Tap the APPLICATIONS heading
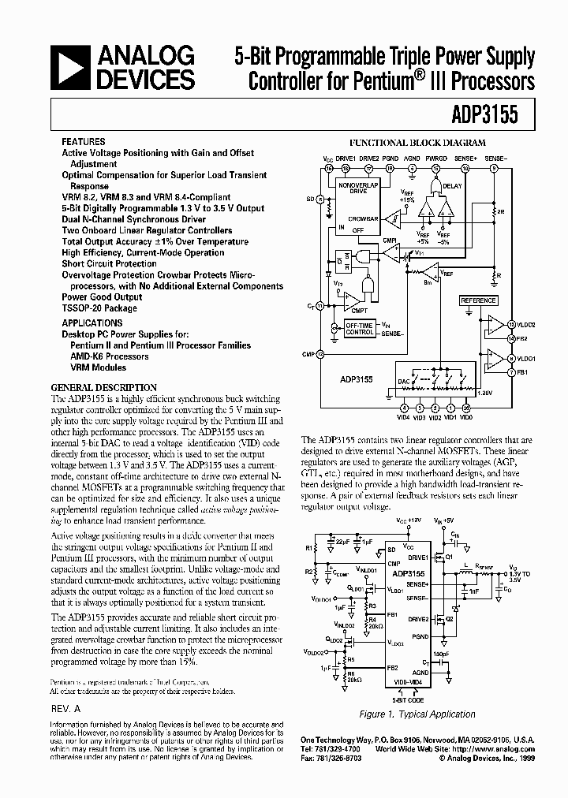[x=92, y=323]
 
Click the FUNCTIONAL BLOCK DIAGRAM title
[x=417, y=143]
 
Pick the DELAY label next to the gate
[x=452, y=186]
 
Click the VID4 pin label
[x=404, y=417]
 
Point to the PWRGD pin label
[x=435, y=158]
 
